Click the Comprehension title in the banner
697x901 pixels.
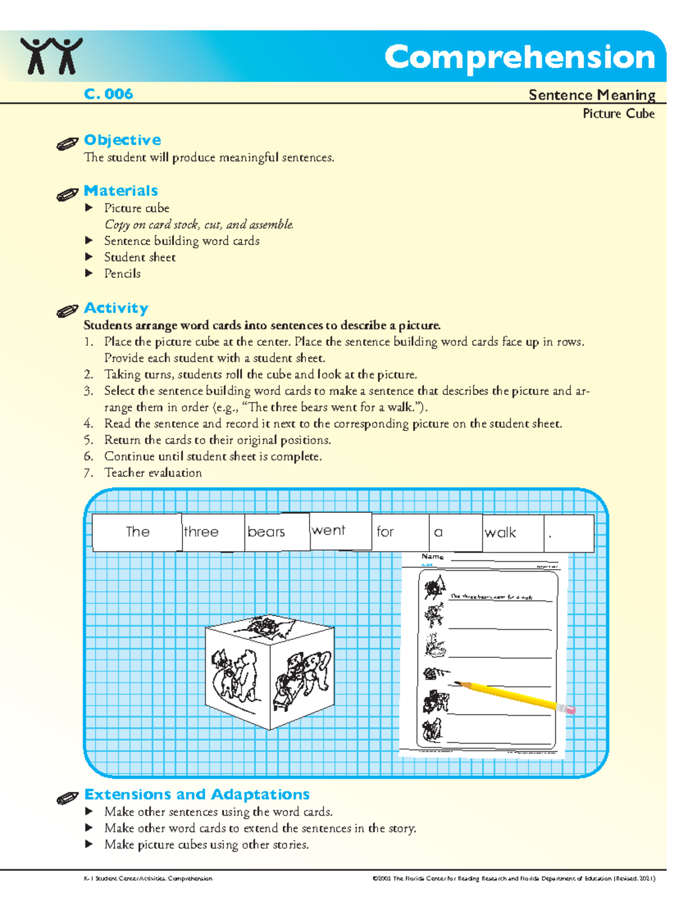click(x=519, y=57)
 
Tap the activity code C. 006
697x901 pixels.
click(x=109, y=94)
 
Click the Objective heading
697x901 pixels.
click(x=123, y=140)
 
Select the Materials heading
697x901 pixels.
click(x=121, y=191)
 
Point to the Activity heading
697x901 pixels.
click(x=116, y=308)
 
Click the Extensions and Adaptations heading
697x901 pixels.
click(x=197, y=794)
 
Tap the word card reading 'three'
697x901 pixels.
click(x=213, y=532)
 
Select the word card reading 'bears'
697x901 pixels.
click(x=277, y=532)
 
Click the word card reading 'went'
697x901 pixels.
click(x=340, y=530)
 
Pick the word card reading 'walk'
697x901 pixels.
click(x=513, y=533)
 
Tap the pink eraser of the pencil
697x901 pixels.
click(x=570, y=710)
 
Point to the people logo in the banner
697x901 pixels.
click(x=51, y=56)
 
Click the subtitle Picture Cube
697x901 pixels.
click(x=619, y=114)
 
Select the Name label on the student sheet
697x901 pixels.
click(x=432, y=556)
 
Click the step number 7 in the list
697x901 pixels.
click(x=88, y=473)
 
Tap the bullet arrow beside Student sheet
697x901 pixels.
click(x=89, y=256)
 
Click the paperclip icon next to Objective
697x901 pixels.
click(x=67, y=143)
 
